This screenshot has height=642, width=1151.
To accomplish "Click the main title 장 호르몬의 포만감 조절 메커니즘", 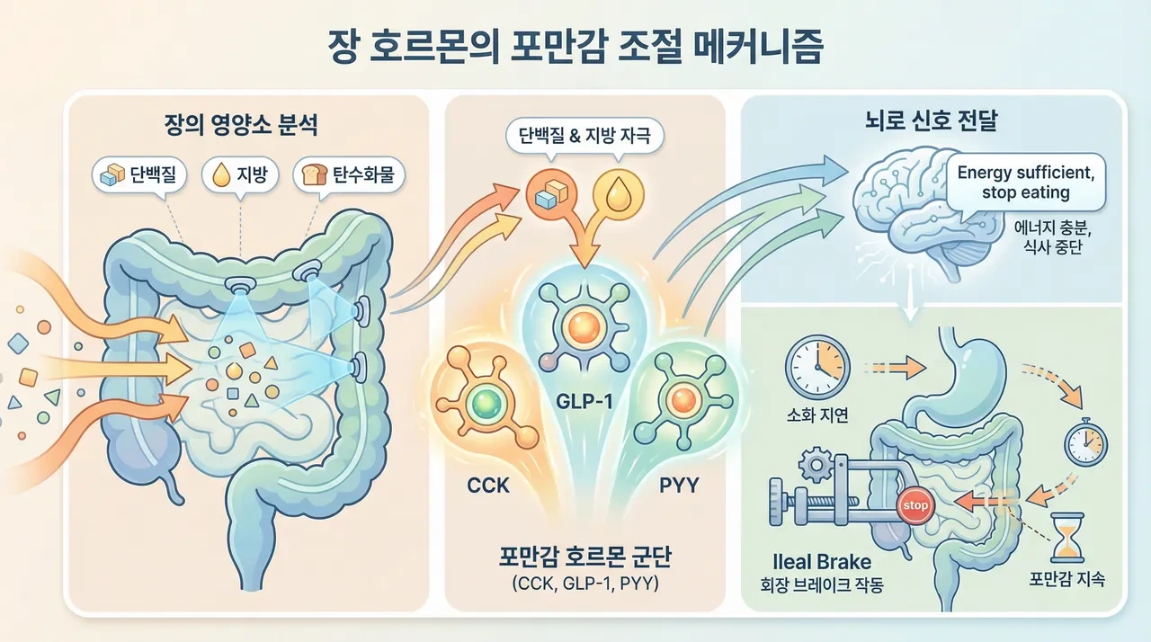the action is coord(575,47).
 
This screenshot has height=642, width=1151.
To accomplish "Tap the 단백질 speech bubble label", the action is coord(139,175).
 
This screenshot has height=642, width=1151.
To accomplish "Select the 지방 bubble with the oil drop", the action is coord(240,174).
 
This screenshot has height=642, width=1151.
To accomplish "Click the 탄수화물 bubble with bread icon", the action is coord(349,174).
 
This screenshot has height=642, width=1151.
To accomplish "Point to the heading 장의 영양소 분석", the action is coord(241,125).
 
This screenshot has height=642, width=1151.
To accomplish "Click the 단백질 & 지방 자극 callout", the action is coord(584,135).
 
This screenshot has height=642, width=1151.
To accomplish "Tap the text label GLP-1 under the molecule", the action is coord(584,402).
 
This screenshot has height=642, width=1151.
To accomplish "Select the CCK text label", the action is coord(487,486).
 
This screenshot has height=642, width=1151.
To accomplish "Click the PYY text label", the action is coord(679,486).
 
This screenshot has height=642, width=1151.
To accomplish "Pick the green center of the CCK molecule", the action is coord(486,405).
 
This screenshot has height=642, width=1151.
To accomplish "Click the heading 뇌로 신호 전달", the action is coord(931,120).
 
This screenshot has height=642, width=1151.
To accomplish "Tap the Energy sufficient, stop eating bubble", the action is coord(1026,183).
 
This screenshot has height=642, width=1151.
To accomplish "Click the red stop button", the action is coord(915,506).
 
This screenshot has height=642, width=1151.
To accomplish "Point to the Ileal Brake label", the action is coord(822,562).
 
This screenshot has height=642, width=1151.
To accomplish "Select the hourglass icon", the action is coord(1067,537).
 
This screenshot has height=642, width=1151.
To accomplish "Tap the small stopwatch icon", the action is coord(1085,442).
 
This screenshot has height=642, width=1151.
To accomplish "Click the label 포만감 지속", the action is coord(1066,579).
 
